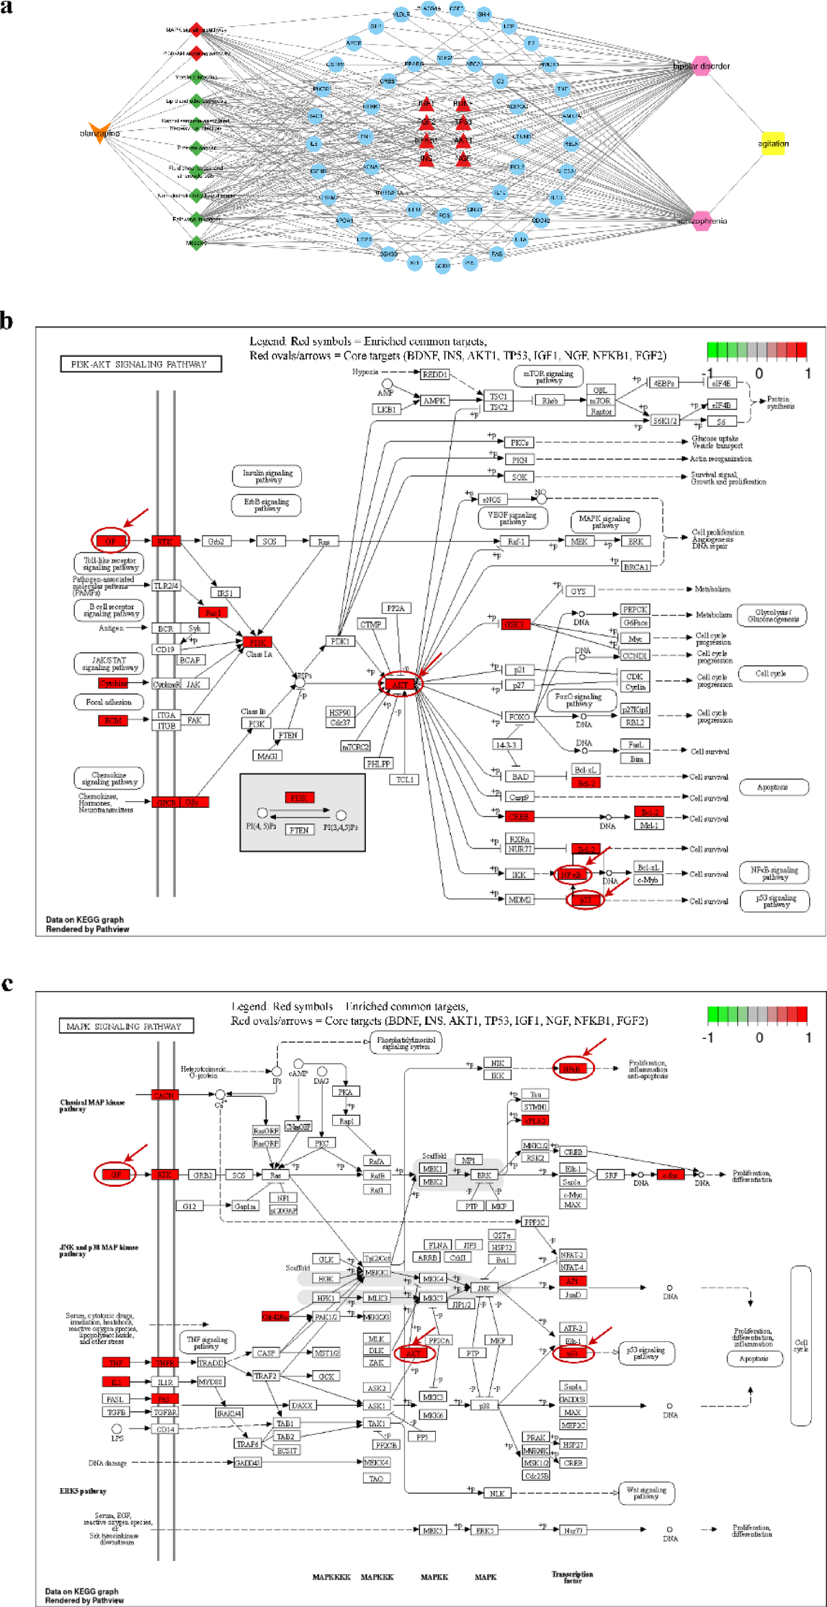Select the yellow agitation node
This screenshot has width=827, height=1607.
click(x=773, y=143)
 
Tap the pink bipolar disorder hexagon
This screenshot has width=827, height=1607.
click(x=701, y=66)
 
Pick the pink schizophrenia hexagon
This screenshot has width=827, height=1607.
click(x=701, y=221)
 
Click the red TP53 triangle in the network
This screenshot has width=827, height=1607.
click(x=463, y=122)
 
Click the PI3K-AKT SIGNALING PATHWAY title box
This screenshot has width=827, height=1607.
click(x=141, y=364)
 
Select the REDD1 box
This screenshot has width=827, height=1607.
click(x=434, y=374)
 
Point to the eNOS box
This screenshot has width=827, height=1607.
click(x=492, y=499)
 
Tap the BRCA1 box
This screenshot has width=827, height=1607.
click(x=636, y=566)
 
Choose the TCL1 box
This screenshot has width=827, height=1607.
click(x=404, y=779)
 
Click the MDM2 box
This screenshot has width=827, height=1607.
click(x=519, y=899)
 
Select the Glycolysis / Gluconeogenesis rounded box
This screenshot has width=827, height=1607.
click(x=772, y=615)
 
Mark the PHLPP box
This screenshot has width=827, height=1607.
click(x=378, y=763)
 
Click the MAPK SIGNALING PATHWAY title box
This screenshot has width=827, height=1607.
click(x=126, y=1026)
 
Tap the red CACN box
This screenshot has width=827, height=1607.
click(x=164, y=1095)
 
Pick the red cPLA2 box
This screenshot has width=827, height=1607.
click(x=535, y=1120)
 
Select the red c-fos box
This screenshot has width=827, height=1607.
click(x=670, y=1175)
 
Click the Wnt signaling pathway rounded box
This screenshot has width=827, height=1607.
click(x=646, y=1492)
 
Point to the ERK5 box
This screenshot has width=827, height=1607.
click(x=485, y=1530)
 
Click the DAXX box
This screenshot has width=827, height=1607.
click(x=301, y=1405)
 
